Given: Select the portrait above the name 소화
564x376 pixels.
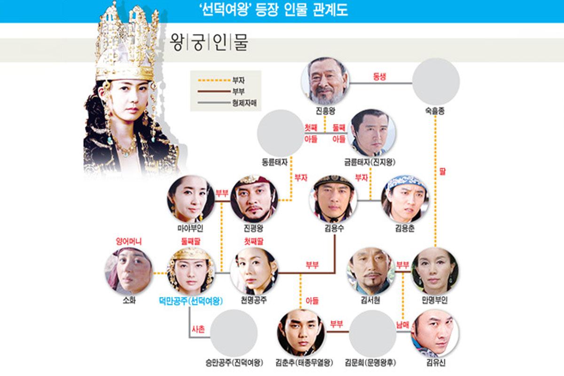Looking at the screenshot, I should pyautogui.click(x=128, y=271).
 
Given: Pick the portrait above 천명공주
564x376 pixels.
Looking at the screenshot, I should pyautogui.click(x=253, y=271).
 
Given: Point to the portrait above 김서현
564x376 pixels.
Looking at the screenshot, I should pyautogui.click(x=371, y=271).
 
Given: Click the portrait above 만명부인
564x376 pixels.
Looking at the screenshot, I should pyautogui.click(x=434, y=271).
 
